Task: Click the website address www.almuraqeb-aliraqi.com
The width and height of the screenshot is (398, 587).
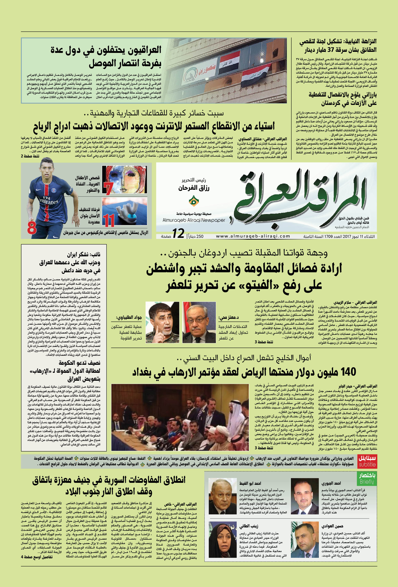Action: point(253,236)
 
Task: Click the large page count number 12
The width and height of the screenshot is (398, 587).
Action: point(178,234)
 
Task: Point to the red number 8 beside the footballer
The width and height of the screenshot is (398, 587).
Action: point(32,228)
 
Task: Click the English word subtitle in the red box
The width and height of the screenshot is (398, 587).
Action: point(367,465)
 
